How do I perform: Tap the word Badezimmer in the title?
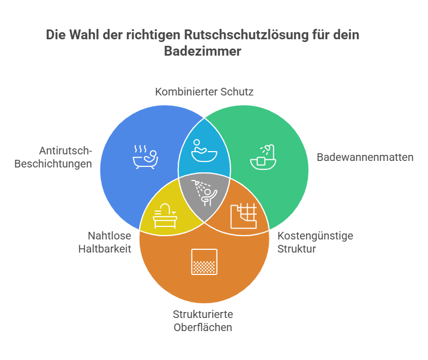(202, 51)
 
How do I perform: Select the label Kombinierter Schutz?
(204, 92)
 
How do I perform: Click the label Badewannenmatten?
(365, 157)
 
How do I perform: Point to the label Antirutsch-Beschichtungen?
(53, 157)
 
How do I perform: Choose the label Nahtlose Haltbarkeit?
(105, 242)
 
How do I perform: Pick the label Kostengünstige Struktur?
(315, 242)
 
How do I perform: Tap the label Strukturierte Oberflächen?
(203, 321)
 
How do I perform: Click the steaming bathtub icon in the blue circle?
(146, 157)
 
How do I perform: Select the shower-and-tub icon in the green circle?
(263, 157)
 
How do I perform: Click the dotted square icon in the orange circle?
(204, 262)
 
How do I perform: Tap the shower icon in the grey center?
(204, 193)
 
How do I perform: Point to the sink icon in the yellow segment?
(165, 216)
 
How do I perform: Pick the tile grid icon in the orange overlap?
(244, 216)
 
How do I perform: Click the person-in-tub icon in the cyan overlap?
(204, 151)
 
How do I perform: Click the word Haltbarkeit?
(105, 249)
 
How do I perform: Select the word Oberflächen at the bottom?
(203, 327)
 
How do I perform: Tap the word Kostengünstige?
(315, 236)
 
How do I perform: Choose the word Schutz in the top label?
(237, 92)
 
